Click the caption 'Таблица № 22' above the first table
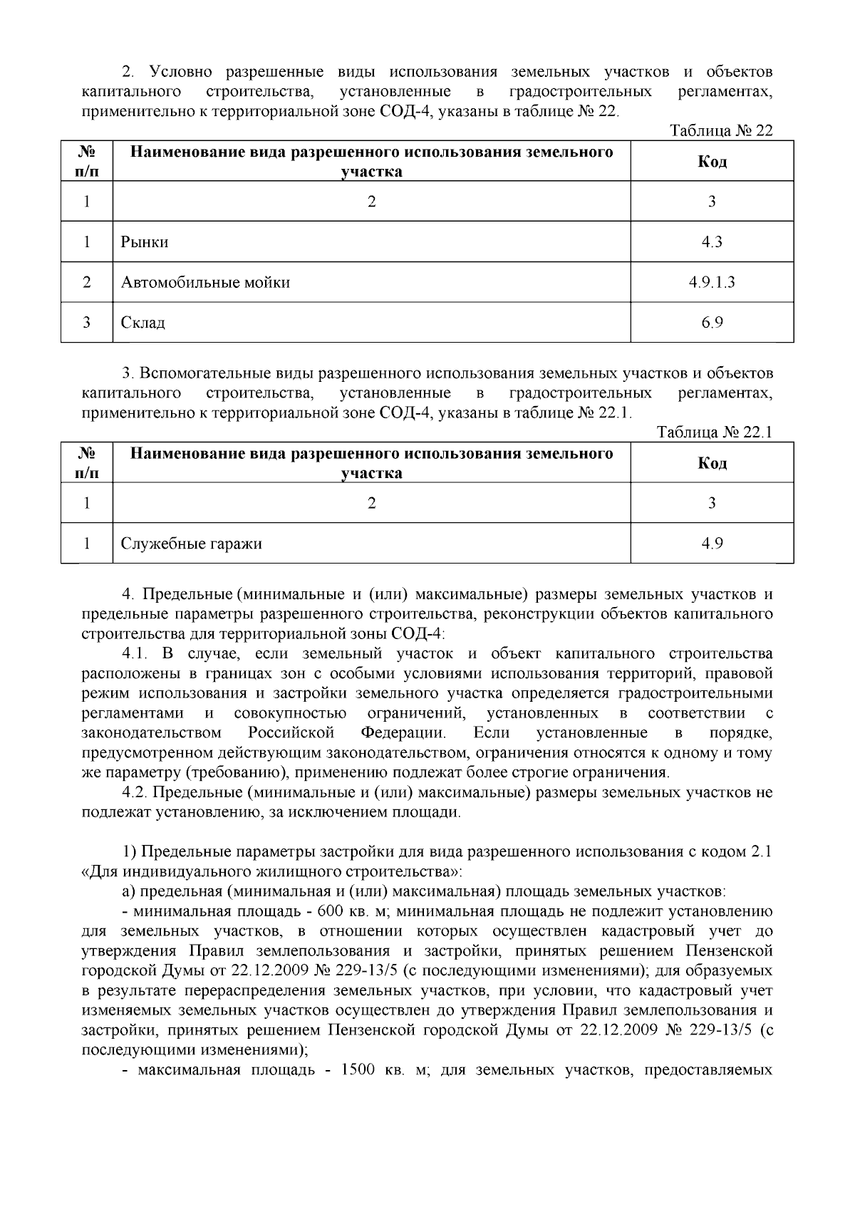pos(721,131)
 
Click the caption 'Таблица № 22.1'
pos(715,432)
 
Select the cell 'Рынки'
pos(145,242)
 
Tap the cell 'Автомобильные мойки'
pos(205,283)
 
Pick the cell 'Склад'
pos(143,323)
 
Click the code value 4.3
pos(712,242)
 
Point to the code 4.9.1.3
pos(712,283)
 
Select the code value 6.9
pos(712,323)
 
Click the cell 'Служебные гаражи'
pos(191,544)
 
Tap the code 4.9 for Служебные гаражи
pos(712,544)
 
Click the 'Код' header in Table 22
pos(712,162)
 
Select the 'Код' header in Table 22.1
pos(712,463)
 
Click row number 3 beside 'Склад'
pos(86,323)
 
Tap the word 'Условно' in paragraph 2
pos(179,72)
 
